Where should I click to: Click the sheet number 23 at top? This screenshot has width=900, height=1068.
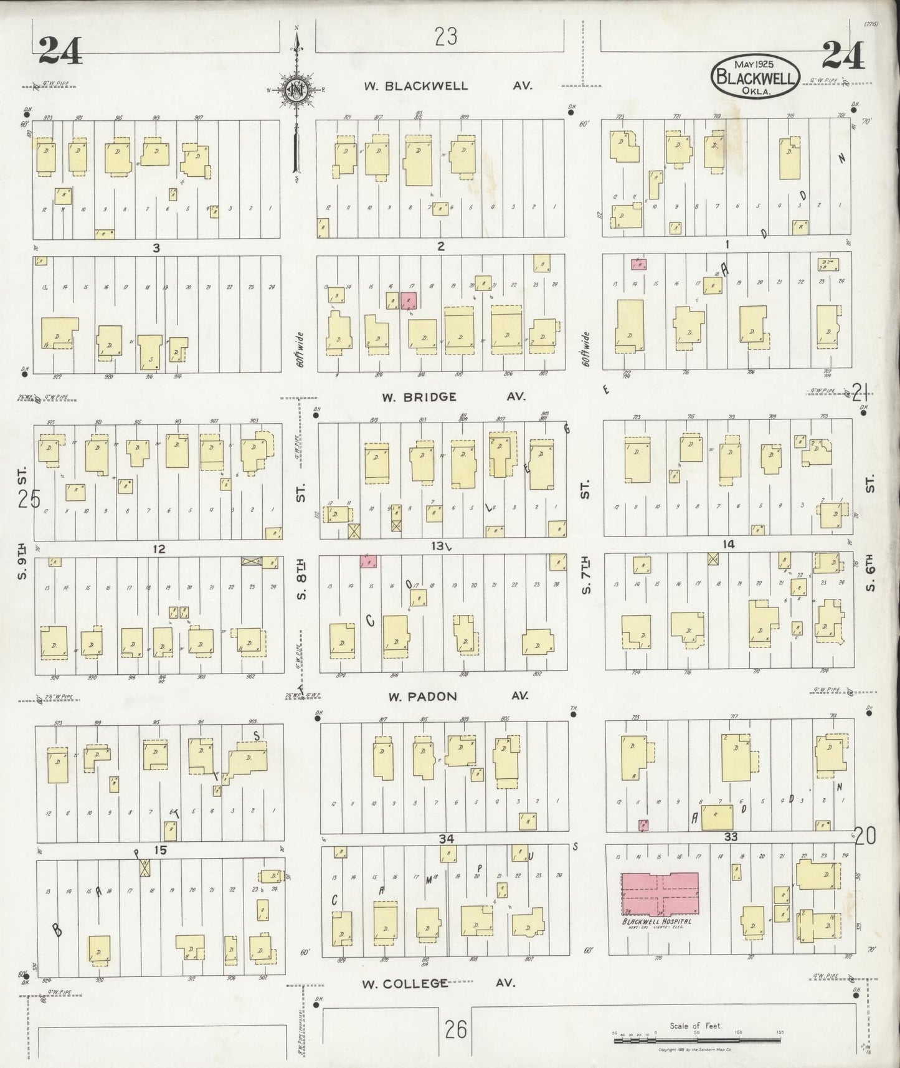446,37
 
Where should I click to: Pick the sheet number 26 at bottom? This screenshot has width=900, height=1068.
456,1029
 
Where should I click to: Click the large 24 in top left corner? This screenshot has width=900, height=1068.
60,50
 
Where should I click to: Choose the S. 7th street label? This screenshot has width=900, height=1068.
586,574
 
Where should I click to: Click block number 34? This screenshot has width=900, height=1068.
446,839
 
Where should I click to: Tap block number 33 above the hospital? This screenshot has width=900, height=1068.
731,837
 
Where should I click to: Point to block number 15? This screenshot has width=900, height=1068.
161,850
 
